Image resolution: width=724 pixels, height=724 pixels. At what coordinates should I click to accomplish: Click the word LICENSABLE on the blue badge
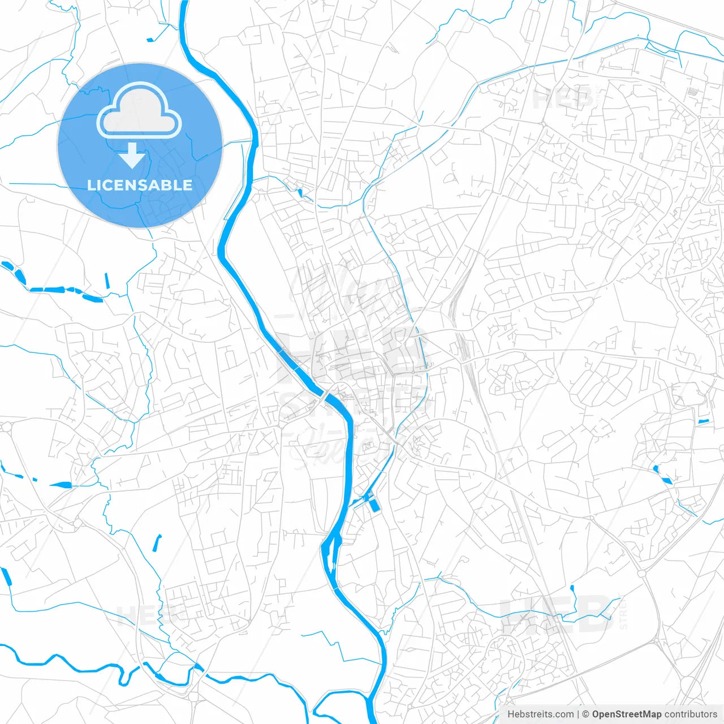point(140,185)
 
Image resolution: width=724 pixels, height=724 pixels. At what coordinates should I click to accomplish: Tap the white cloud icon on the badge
point(139,111)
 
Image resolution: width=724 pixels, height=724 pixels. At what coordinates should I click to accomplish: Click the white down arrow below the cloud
point(132,156)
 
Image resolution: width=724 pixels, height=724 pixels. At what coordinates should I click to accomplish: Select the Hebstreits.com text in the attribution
point(540,714)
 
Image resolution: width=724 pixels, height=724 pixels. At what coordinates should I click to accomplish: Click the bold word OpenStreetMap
point(627,714)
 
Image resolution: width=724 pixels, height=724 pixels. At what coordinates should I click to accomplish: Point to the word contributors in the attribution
point(691,714)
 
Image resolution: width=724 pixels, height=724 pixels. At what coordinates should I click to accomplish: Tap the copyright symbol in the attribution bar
point(586,714)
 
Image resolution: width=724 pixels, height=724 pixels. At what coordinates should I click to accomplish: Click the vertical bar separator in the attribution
point(578,714)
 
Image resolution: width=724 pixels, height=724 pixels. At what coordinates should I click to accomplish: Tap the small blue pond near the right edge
point(703,421)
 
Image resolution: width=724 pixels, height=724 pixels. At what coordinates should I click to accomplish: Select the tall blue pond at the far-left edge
point(7,577)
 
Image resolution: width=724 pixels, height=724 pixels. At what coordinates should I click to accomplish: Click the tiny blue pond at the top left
point(150,40)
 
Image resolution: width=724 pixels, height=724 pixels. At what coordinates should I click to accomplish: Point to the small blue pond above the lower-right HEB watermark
point(572,588)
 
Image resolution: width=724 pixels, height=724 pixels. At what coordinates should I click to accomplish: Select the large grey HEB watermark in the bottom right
point(557,615)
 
